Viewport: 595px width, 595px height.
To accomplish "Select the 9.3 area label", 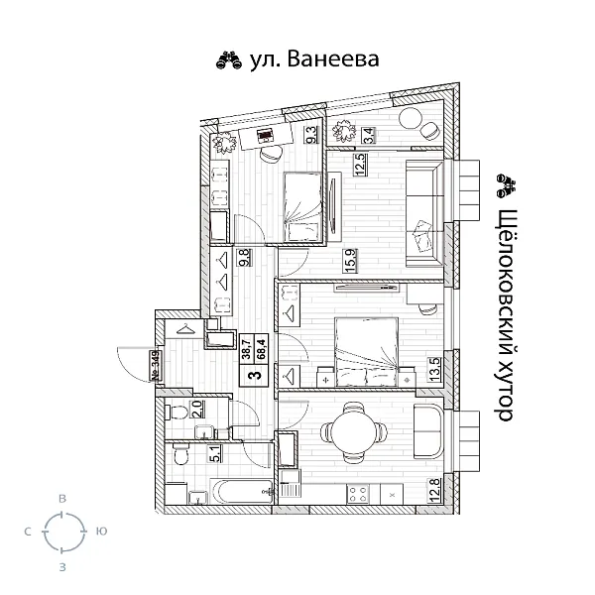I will click(x=310, y=134).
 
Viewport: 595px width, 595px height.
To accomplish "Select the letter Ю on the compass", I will click(x=101, y=533).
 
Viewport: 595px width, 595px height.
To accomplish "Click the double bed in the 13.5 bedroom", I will click(x=365, y=350).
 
